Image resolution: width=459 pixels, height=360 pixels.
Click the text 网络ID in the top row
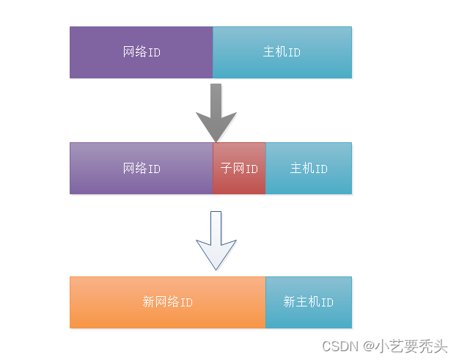(142, 53)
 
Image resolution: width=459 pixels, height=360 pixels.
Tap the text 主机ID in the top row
(282, 53)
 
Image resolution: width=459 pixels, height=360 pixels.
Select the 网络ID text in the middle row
(142, 169)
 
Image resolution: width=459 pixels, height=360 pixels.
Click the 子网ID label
(239, 169)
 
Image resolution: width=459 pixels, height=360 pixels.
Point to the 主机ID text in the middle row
(309, 169)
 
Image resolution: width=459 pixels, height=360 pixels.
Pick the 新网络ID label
(168, 302)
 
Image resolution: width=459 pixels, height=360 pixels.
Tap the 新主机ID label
(309, 302)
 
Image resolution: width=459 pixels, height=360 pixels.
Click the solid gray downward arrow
(216, 110)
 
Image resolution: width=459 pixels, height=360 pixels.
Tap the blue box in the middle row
(309, 183)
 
